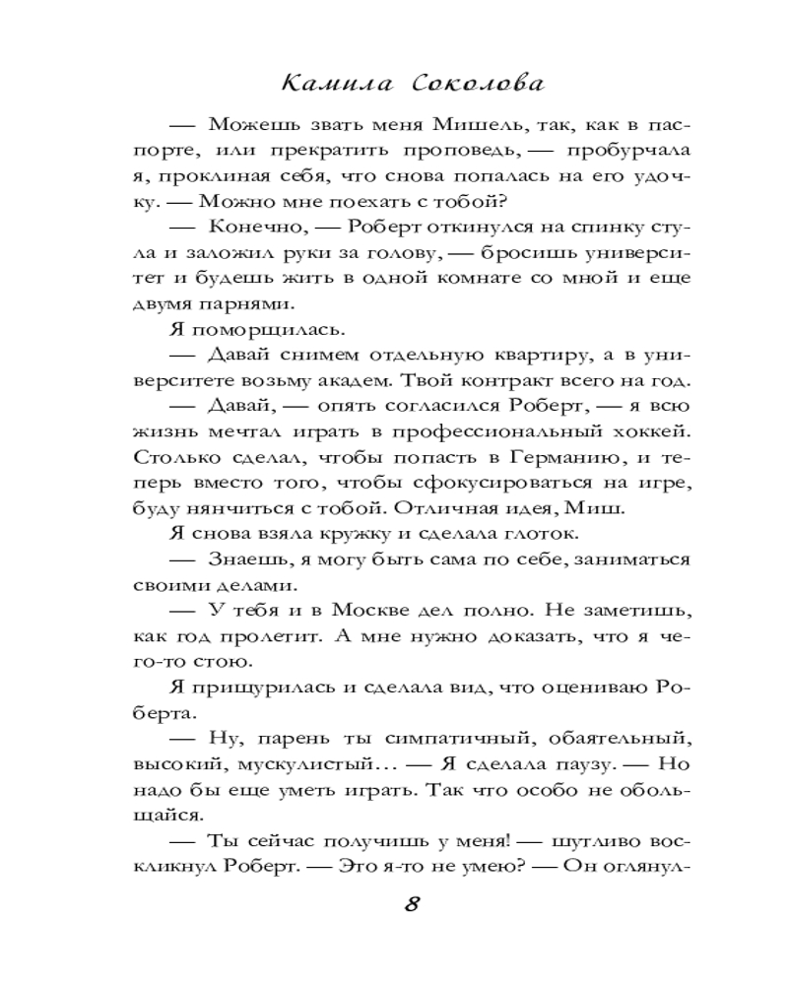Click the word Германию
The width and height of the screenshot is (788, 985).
pos(565,458)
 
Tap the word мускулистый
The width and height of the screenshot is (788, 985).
pos(301,765)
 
